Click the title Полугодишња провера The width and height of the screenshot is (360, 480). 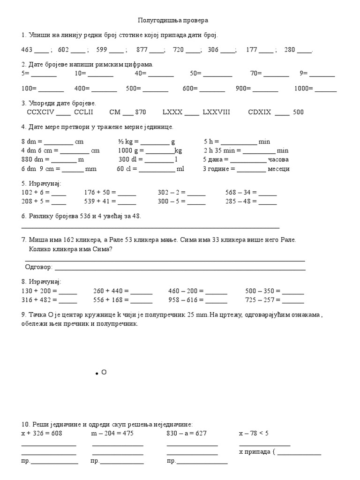[173, 21]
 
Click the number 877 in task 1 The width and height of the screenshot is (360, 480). [142, 50]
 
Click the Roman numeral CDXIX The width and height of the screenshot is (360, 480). [260, 112]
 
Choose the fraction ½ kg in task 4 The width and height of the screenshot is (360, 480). [125, 142]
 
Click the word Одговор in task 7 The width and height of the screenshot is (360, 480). [38, 267]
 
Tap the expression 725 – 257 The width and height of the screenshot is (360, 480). [260, 300]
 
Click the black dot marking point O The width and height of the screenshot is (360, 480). [97, 374]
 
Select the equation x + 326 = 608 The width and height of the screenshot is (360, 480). [42, 434]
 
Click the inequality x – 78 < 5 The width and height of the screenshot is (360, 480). [254, 434]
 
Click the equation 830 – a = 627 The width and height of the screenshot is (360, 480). [187, 434]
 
